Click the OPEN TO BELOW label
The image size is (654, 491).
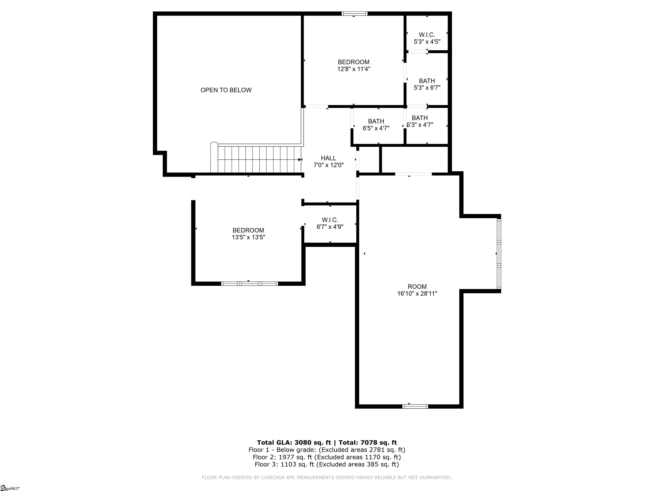click(226, 90)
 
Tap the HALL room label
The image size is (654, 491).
click(328, 158)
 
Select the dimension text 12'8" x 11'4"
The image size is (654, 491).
click(354, 69)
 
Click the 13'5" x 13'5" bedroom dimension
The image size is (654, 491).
click(248, 237)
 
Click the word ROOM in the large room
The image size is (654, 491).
click(417, 286)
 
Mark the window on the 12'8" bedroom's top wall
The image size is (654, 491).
click(354, 13)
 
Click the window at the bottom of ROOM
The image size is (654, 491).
click(415, 406)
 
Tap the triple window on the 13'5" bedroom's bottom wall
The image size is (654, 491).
click(250, 283)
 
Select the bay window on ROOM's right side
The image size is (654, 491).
click(499, 253)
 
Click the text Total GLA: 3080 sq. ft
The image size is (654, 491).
click(294, 442)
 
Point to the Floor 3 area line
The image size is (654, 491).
click(327, 464)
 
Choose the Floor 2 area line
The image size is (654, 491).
click(327, 457)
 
